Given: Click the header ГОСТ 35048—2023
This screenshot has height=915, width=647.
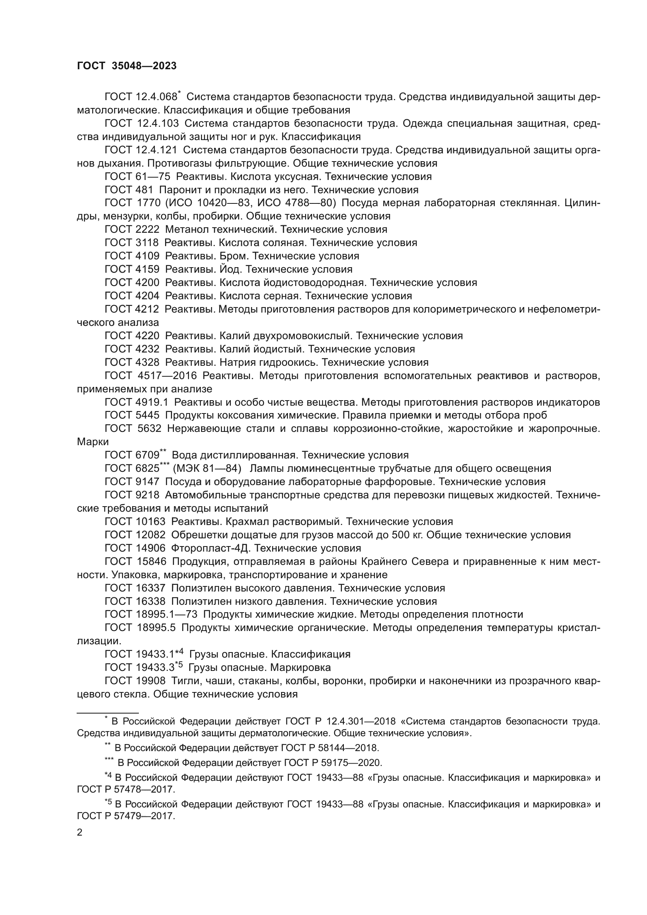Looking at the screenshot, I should pyautogui.click(x=127, y=66).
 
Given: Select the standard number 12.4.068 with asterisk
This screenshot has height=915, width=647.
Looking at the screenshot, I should pyautogui.click(x=157, y=97).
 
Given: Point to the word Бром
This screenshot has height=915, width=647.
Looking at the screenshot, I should pyautogui.click(x=234, y=256).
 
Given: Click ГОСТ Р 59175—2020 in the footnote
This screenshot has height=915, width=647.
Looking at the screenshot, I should pyautogui.click(x=332, y=763).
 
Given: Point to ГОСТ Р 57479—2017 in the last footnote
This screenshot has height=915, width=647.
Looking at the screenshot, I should pyautogui.click(x=126, y=816).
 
